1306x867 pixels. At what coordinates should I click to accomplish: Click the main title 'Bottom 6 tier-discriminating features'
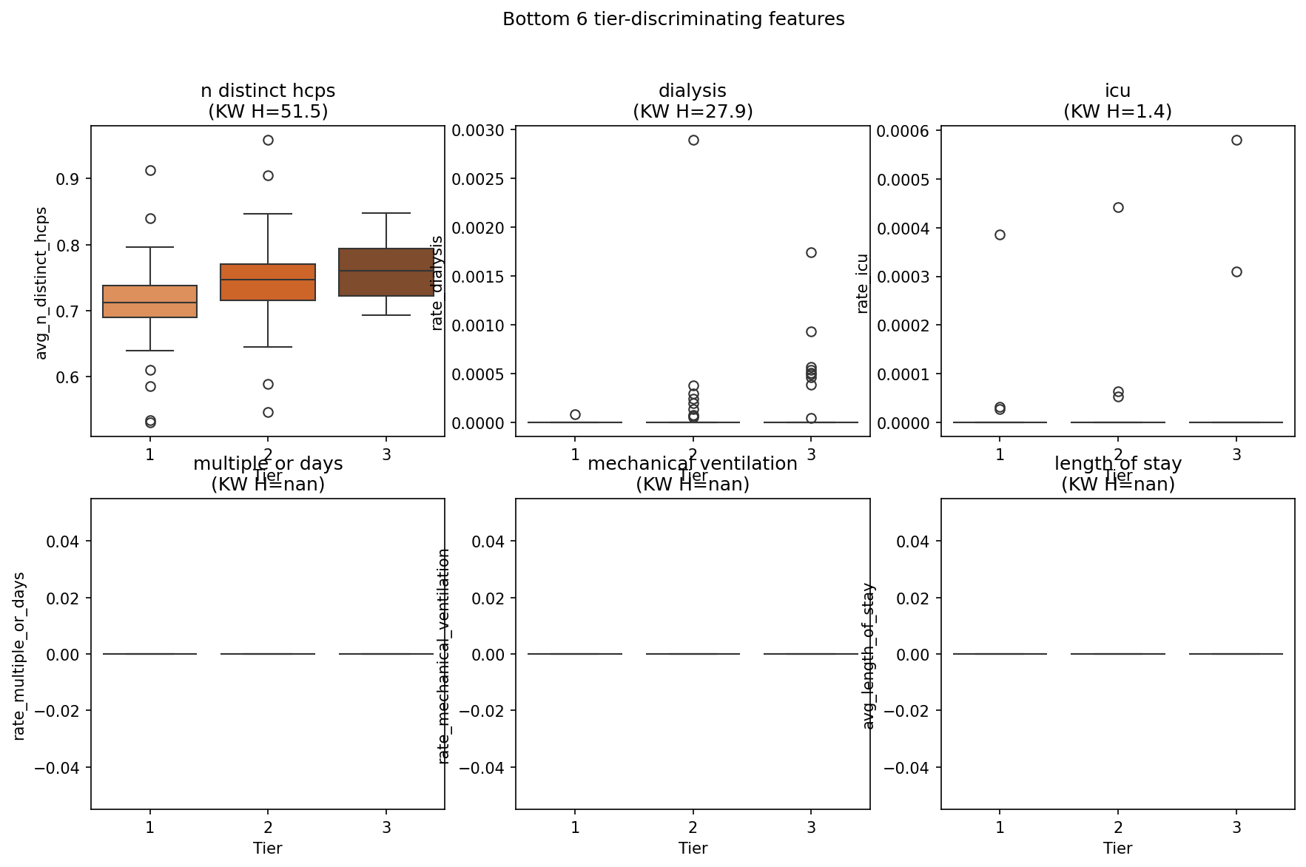[673, 19]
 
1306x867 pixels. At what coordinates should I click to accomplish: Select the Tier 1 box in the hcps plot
[150, 301]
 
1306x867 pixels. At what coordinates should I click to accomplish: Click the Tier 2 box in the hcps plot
[268, 282]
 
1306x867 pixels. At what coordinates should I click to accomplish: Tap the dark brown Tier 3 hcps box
[386, 272]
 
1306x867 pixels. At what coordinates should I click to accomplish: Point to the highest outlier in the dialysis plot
[693, 140]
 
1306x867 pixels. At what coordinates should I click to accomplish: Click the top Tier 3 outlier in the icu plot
[1236, 140]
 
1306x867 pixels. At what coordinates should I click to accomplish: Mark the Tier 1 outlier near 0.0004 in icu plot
[1000, 235]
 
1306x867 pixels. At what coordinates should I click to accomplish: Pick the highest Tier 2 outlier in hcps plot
[268, 140]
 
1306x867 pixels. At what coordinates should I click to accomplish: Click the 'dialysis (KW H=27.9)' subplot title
[693, 101]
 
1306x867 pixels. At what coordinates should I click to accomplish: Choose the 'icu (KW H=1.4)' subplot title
[1117, 101]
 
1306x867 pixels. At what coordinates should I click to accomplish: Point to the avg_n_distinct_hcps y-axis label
[41, 283]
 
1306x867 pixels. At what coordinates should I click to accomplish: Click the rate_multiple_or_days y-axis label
[19, 655]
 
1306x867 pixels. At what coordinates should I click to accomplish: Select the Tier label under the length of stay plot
[1117, 849]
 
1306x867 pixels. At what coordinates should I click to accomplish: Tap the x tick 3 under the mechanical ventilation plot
[811, 827]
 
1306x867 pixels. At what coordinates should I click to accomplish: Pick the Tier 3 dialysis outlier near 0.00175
[811, 252]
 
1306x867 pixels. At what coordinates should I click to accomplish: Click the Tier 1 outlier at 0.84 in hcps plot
[150, 218]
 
